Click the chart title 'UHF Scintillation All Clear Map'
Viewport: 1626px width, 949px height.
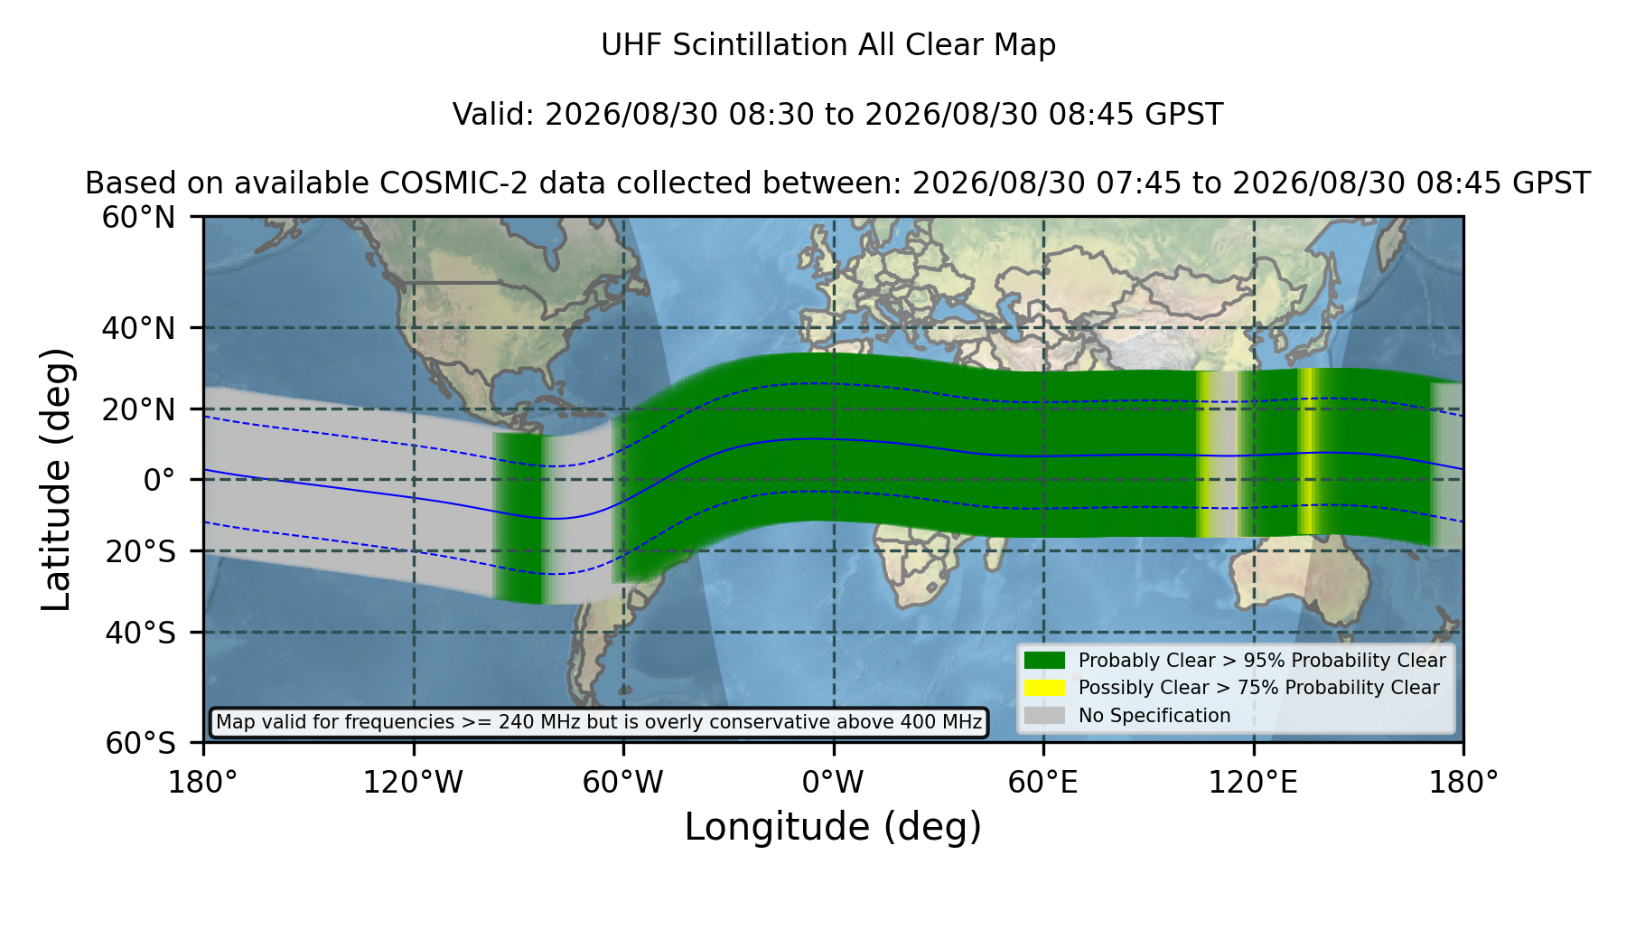pos(828,45)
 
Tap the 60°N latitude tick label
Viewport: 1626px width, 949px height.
pos(138,218)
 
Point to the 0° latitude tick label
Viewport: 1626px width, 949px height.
pos(159,480)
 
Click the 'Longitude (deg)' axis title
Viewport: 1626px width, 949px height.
pos(833,827)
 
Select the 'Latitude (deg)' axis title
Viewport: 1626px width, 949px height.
pos(56,479)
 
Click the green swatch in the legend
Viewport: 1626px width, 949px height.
pos(1044,661)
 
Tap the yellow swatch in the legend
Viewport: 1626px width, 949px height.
pos(1044,688)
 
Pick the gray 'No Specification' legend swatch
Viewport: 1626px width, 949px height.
pos(1044,716)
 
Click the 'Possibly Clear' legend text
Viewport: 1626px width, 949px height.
pos(1144,688)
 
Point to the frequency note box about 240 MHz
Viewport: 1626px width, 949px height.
pos(599,722)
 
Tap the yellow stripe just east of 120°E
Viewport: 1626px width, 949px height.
pos(1306,452)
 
